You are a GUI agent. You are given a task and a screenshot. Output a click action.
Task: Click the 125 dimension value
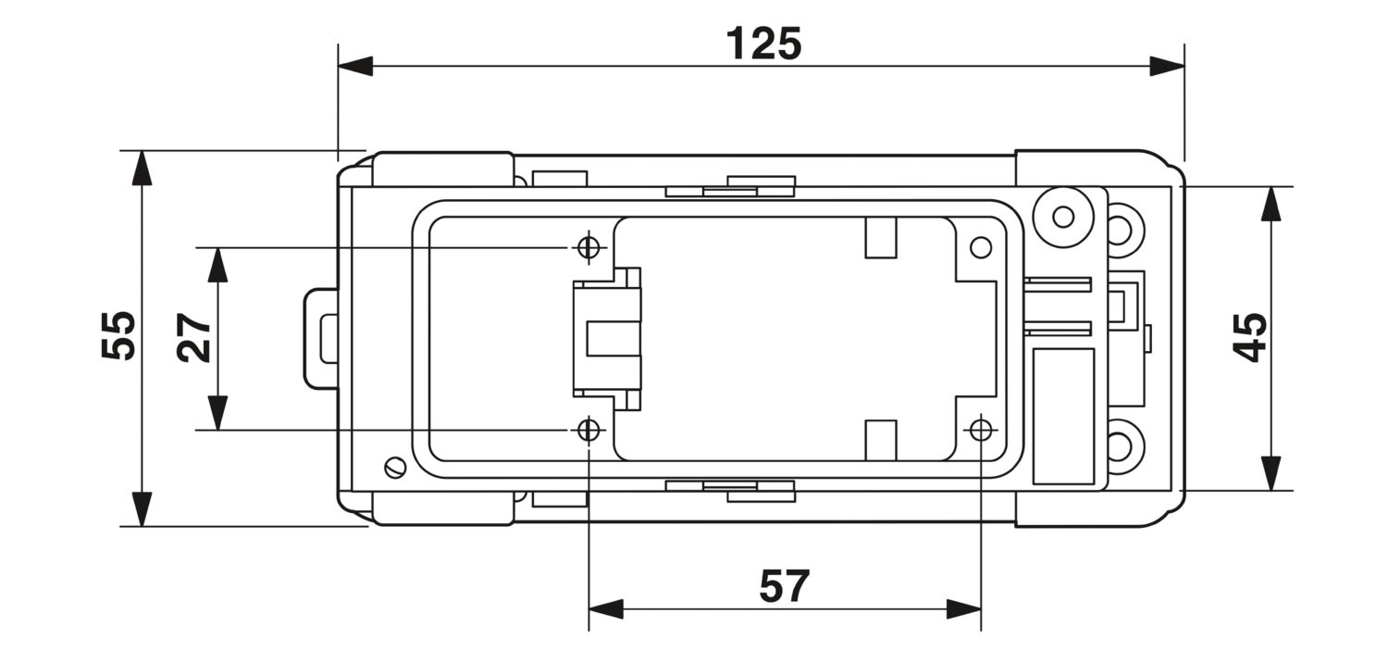tap(763, 44)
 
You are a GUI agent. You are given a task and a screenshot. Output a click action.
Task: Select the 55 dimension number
tap(118, 335)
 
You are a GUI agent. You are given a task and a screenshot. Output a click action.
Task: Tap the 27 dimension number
tap(193, 338)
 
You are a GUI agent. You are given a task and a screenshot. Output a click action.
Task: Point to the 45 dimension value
tap(1249, 337)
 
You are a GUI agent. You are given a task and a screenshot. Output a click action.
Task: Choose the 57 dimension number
tap(785, 586)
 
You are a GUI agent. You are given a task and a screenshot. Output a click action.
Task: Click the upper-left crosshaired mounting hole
tap(589, 247)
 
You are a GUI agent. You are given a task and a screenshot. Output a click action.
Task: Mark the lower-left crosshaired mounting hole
tap(589, 430)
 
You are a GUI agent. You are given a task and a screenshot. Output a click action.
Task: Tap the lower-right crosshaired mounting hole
tap(981, 430)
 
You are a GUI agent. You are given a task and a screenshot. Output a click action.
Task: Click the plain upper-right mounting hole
tap(981, 247)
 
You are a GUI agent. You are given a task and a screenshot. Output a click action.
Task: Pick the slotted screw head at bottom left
tap(395, 466)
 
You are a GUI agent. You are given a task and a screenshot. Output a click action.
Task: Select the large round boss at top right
tap(1063, 217)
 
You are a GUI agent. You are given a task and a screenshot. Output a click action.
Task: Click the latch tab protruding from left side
tap(321, 339)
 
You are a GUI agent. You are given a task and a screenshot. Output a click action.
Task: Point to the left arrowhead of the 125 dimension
tap(355, 66)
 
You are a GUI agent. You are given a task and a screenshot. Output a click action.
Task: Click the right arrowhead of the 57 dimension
tap(964, 608)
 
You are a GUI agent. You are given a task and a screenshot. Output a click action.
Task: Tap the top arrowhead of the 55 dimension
tap(143, 168)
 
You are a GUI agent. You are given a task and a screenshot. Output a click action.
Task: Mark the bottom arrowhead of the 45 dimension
tap(1270, 473)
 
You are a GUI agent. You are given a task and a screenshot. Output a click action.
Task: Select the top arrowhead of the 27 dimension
tap(217, 265)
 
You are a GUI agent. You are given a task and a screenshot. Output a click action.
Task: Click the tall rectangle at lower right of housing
tap(1063, 417)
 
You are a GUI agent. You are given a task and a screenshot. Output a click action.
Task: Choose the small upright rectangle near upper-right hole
tap(881, 237)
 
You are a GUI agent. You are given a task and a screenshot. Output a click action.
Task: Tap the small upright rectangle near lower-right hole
tap(881, 440)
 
